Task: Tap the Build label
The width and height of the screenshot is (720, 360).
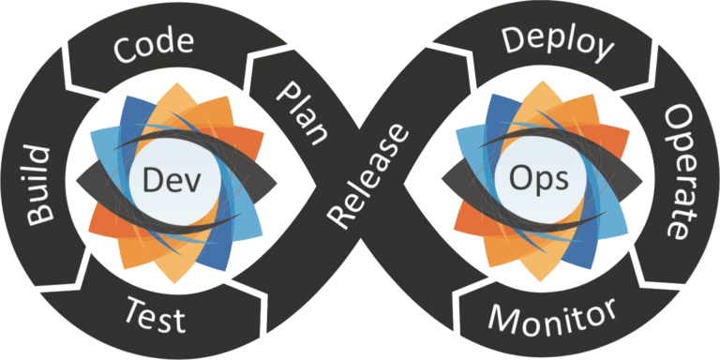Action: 39,186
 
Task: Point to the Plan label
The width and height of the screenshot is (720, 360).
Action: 302,112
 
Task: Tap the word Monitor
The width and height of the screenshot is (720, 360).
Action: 552,317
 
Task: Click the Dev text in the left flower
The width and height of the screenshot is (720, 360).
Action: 172,180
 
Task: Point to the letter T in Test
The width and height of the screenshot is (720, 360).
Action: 135,309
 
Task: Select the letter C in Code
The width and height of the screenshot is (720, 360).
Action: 123,50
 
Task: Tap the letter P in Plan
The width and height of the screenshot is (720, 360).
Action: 286,93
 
